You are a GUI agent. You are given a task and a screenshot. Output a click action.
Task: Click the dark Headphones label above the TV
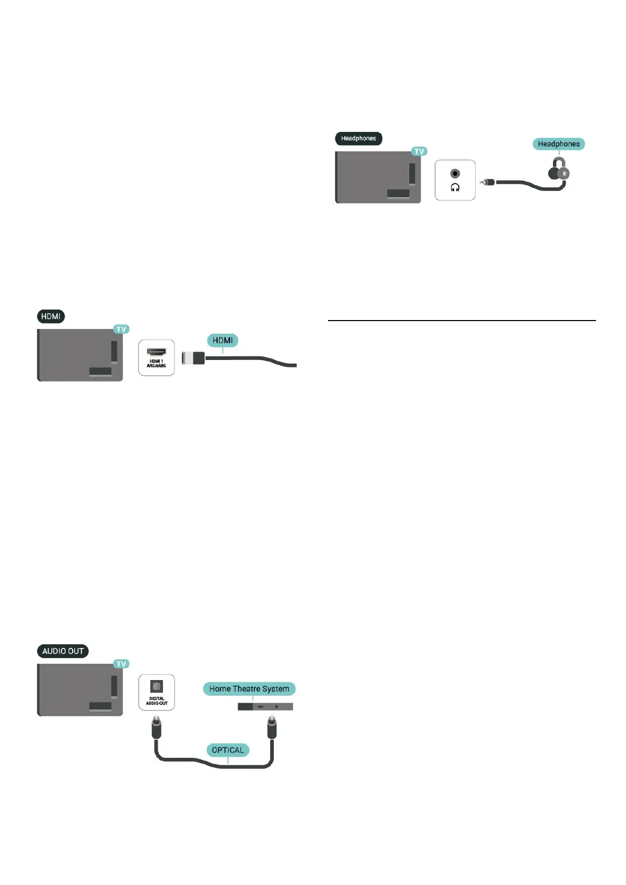coord(358,138)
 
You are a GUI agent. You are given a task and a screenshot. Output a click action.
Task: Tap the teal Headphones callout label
coord(558,144)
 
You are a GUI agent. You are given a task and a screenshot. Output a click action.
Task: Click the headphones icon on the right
coord(558,170)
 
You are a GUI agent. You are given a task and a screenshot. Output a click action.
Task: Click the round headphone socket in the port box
coord(455,173)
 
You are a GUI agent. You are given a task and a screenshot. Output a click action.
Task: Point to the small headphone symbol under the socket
coord(455,188)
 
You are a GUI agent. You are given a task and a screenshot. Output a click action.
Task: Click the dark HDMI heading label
coord(51,316)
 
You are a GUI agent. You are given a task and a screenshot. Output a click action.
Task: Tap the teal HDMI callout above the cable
coord(222,341)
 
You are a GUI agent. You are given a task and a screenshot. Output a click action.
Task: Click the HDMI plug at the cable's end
coord(193,358)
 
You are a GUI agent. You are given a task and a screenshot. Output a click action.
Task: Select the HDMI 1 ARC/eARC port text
coord(156,363)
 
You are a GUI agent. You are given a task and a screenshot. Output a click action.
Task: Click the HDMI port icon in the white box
coord(156,352)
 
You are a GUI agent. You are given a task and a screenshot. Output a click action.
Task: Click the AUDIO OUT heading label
coord(63,651)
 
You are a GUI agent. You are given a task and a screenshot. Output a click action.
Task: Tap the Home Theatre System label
coord(249,689)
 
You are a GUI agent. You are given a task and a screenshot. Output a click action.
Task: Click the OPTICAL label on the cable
coord(228,750)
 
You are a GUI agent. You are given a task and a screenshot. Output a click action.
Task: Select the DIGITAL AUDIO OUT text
coord(157,701)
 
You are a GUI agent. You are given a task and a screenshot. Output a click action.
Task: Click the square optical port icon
coord(157,686)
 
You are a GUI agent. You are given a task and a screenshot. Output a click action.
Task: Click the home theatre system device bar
coord(265,707)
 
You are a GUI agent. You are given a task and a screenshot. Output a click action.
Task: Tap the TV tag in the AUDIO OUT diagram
coord(121,664)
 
